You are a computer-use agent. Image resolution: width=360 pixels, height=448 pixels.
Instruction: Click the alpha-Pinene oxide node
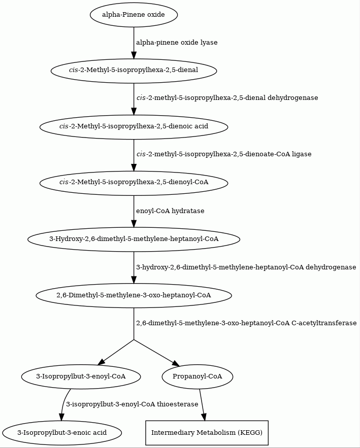point(134,15)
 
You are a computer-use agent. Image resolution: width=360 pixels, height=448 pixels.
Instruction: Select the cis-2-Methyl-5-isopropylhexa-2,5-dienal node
point(134,71)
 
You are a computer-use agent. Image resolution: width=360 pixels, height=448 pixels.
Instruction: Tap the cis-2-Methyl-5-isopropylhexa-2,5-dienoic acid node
point(134,126)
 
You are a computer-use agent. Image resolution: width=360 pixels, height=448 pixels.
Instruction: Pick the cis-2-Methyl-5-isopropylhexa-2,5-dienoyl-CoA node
point(134,182)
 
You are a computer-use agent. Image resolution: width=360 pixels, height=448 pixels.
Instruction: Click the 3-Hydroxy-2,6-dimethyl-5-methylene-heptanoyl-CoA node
point(134,239)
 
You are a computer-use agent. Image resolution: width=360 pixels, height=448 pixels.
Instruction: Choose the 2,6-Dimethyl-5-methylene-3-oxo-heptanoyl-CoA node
point(134,295)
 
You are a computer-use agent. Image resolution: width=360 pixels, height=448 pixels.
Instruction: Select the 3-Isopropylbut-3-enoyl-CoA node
point(81,376)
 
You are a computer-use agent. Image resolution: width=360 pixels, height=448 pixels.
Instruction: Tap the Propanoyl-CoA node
point(198,376)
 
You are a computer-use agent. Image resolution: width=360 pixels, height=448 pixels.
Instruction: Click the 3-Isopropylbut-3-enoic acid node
point(62,433)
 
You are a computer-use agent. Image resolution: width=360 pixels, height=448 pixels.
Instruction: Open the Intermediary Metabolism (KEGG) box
point(207,433)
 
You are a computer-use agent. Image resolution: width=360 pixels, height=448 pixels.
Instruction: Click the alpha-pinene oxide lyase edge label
point(177,43)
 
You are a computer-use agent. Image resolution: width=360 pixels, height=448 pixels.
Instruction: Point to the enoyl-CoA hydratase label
point(170,211)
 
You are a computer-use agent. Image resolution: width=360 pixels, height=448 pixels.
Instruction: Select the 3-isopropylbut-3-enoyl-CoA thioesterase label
point(132,404)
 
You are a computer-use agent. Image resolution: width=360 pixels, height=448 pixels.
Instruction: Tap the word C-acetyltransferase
point(324,323)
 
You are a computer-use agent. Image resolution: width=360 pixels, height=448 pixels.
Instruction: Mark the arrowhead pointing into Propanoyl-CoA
point(176,363)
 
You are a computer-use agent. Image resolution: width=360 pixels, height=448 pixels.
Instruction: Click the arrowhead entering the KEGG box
point(204,417)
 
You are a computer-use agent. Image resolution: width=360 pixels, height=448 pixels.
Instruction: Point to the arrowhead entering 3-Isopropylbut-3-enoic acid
point(60,417)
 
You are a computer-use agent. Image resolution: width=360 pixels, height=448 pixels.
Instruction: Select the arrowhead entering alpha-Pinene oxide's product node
point(134,55)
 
